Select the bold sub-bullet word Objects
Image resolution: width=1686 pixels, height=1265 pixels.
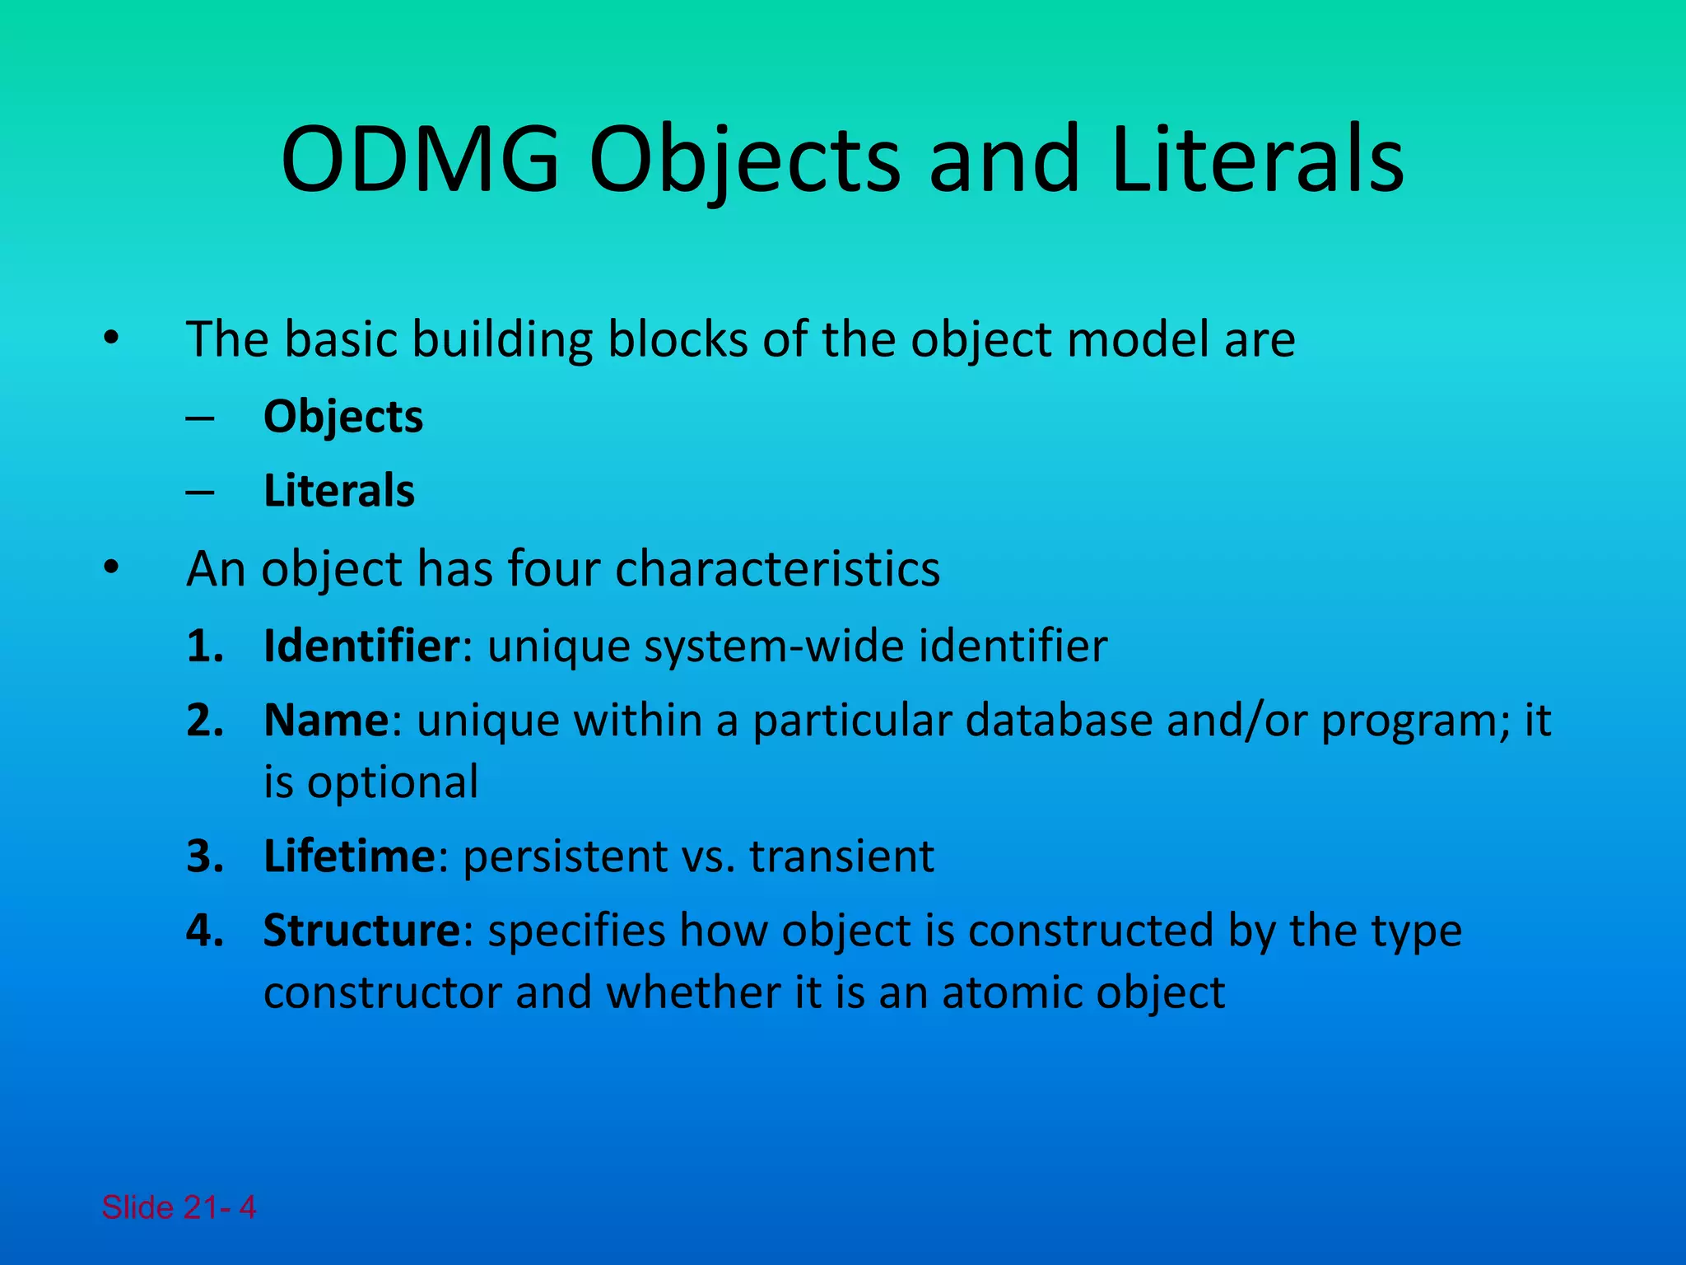tap(342, 417)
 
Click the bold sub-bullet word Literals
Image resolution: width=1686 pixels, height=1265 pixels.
tap(338, 491)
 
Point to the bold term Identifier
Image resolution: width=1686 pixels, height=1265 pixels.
tap(361, 646)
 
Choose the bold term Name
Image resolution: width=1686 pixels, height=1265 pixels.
tap(325, 721)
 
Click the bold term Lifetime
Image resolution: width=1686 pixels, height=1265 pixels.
tap(348, 856)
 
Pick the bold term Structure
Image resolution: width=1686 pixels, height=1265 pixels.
tap(361, 931)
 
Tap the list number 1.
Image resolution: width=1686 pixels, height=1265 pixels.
tap(204, 646)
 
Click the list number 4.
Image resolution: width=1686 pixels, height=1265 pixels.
tap(204, 931)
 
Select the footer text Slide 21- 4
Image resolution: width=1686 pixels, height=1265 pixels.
tap(179, 1207)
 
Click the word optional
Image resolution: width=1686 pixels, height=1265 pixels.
tap(392, 782)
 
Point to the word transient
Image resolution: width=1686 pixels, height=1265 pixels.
tap(841, 856)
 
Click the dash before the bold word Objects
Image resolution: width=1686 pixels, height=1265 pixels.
tap(200, 418)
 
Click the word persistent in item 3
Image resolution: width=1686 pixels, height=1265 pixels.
tap(566, 856)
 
